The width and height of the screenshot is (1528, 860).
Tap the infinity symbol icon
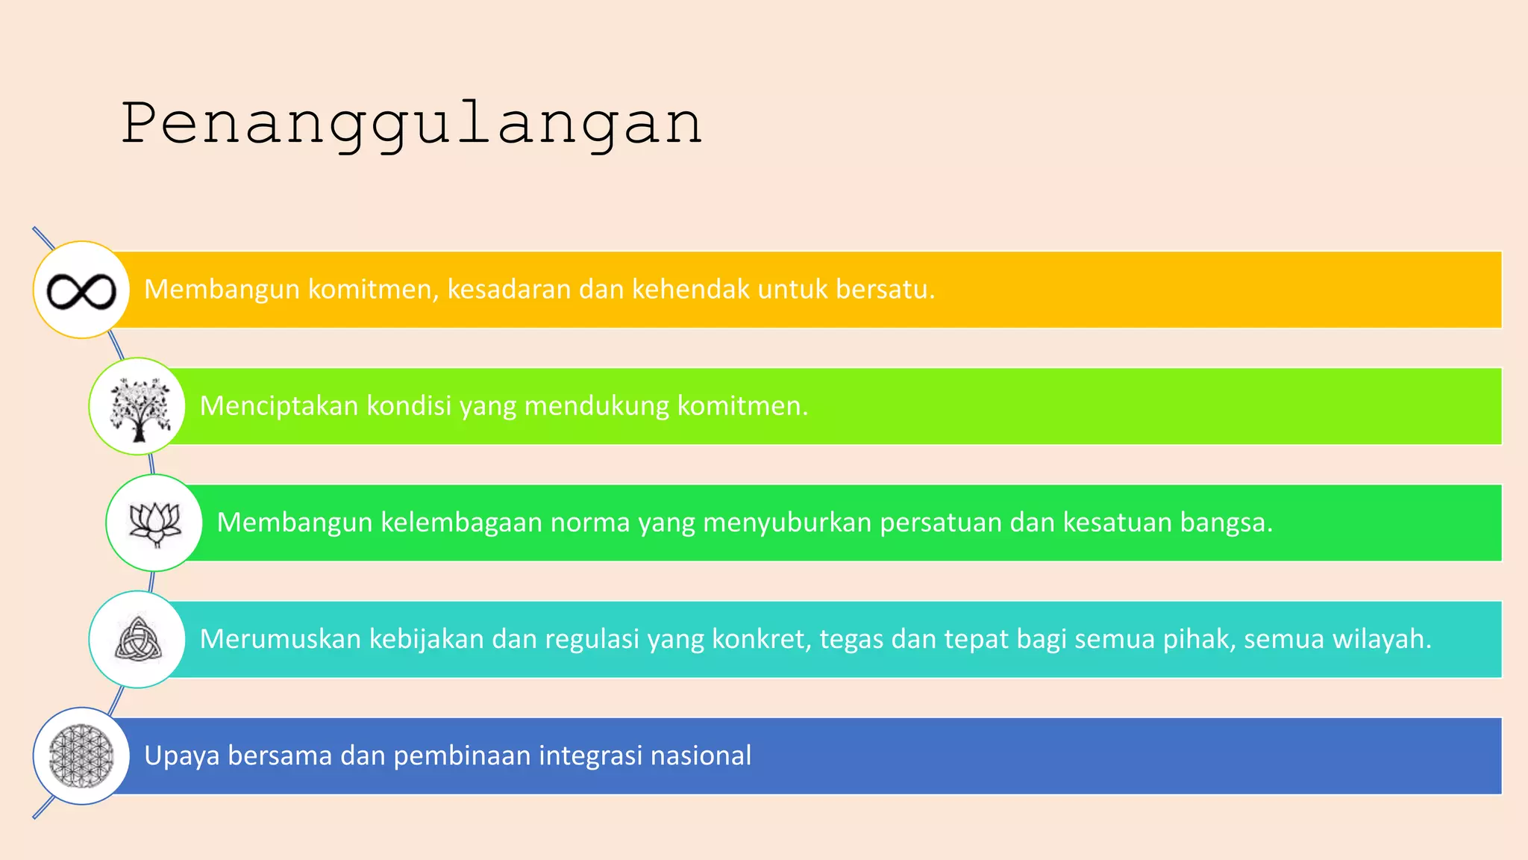tap(81, 290)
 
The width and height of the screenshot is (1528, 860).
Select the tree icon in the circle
tap(138, 408)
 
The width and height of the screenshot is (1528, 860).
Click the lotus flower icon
tap(155, 523)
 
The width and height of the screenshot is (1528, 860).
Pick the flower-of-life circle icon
tap(81, 755)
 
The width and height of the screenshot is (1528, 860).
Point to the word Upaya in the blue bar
tap(181, 756)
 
